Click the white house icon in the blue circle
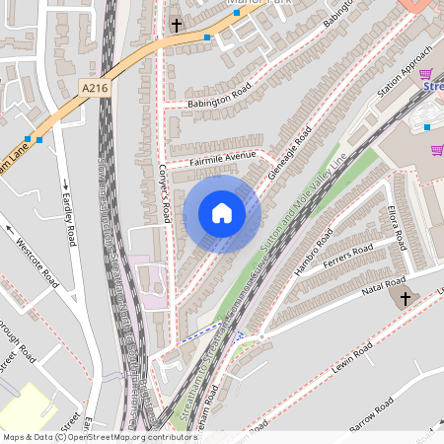click(x=222, y=213)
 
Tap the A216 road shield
click(x=95, y=89)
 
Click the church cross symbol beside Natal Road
click(x=405, y=297)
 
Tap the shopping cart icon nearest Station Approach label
click(x=426, y=74)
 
